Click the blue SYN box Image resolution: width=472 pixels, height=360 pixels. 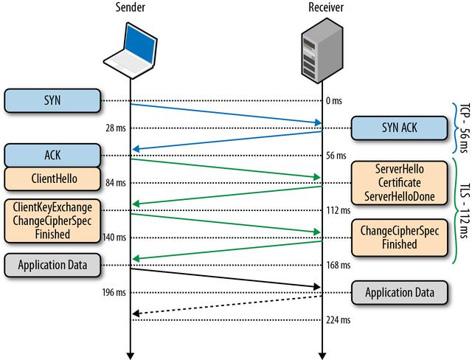[x=52, y=100]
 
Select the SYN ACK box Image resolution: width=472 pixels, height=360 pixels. [x=399, y=128]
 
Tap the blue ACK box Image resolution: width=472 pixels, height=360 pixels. [x=52, y=156]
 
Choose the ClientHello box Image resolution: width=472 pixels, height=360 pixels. [x=52, y=179]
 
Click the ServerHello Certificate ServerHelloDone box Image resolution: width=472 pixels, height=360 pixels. [x=399, y=183]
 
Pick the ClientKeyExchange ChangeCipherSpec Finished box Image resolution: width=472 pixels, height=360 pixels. [x=52, y=220]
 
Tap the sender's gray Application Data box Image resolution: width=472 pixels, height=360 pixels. [x=52, y=264]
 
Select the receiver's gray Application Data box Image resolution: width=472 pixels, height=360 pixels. [x=399, y=292]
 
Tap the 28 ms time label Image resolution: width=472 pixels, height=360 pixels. [x=115, y=128]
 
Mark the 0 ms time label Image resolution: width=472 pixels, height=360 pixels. [x=335, y=100]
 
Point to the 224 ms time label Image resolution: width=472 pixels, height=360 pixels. [x=339, y=320]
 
